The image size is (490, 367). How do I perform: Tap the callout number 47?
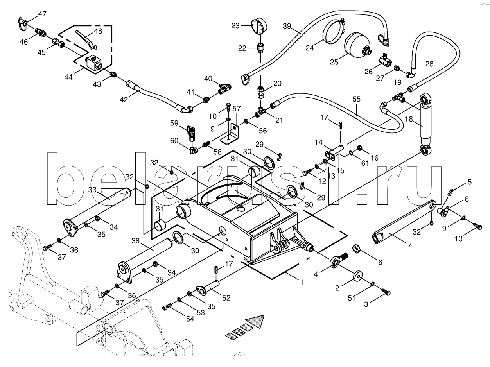pos(42,14)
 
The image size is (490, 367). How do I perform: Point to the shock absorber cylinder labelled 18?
pos(425,121)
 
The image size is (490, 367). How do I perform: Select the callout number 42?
pos(124,100)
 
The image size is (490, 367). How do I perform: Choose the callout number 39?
pos(287,26)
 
